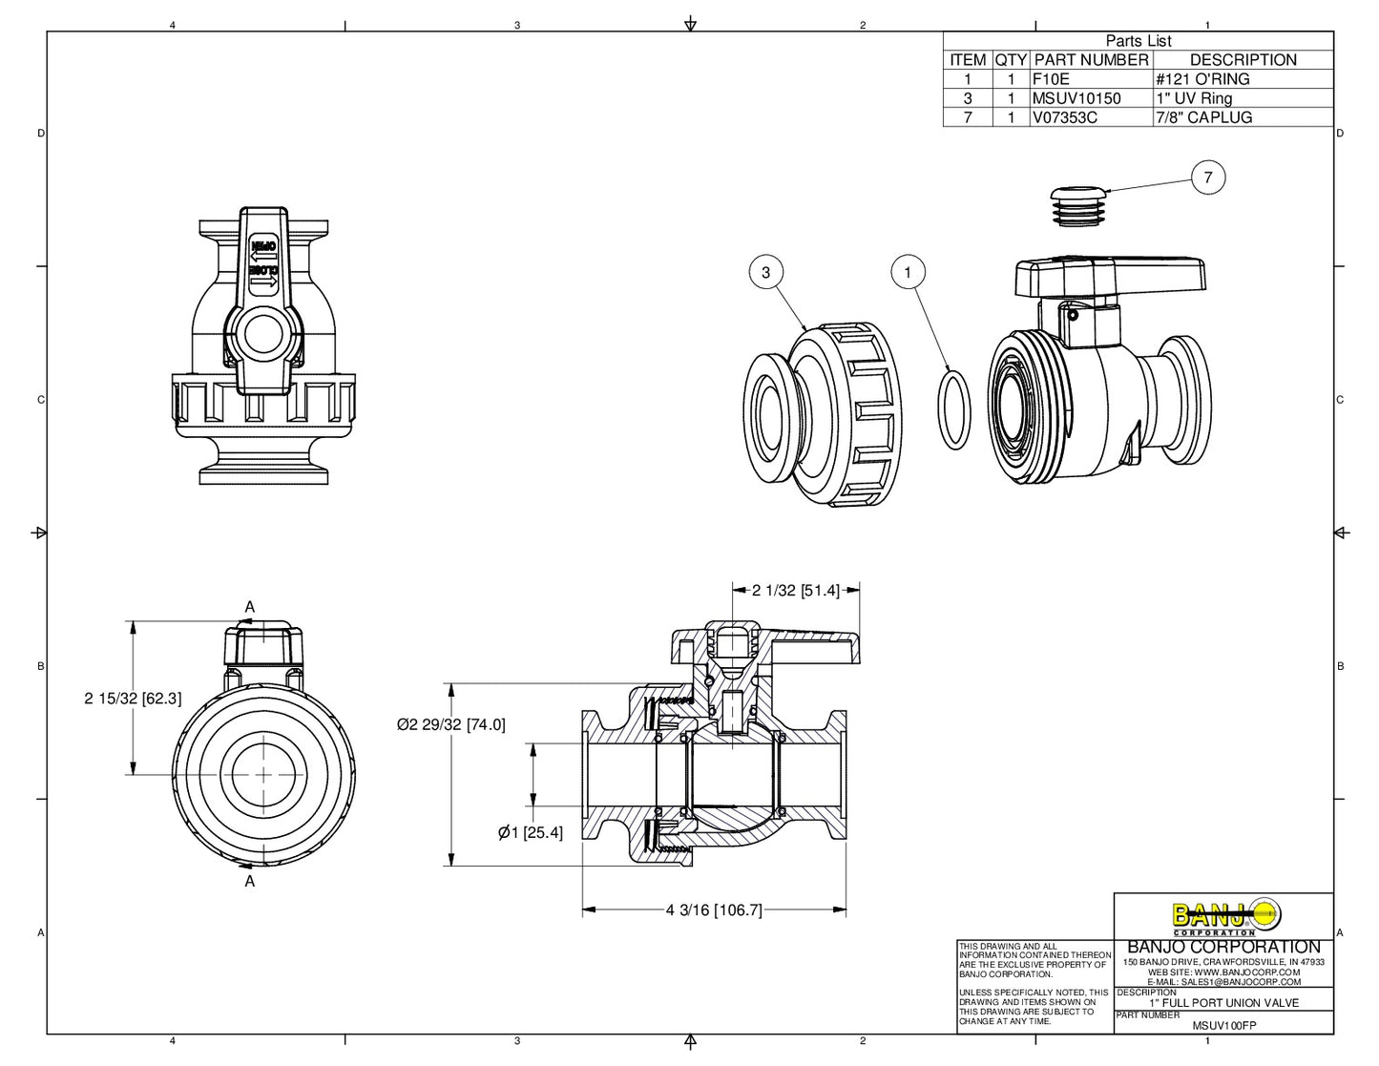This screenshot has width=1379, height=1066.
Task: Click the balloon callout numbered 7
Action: (1208, 178)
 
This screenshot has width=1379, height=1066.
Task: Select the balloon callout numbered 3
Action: (765, 273)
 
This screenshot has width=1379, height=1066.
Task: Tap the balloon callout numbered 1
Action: (908, 273)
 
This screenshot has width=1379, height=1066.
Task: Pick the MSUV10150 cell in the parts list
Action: (1076, 98)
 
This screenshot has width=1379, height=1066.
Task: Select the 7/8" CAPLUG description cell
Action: (1203, 117)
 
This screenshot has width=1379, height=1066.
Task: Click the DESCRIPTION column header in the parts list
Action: (1243, 60)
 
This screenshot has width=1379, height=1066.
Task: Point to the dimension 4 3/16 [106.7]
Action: (714, 910)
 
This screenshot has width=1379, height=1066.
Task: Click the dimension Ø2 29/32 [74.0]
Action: (451, 725)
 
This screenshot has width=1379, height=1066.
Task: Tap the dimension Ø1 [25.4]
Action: (530, 833)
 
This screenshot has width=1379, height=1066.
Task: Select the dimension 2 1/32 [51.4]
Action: (795, 591)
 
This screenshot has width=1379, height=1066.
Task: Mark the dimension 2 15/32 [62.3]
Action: (133, 699)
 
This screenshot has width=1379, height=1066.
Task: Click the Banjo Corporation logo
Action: (1224, 917)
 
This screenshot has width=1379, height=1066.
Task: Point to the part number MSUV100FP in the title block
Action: (1224, 1026)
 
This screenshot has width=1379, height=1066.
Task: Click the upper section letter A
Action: (250, 607)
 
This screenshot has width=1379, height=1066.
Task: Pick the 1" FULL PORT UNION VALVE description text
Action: (1223, 1003)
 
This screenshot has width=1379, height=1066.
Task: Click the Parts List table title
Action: (1138, 41)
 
